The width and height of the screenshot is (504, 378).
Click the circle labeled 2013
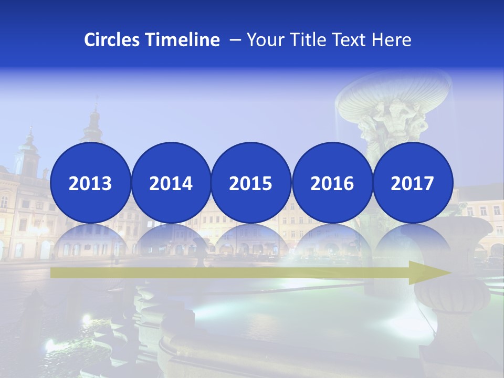tap(90, 183)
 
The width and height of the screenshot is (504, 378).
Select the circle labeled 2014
tap(171, 183)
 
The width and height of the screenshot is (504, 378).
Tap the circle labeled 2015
tap(251, 183)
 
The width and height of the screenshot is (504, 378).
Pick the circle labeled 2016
tap(332, 183)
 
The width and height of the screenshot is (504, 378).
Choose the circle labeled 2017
tap(413, 183)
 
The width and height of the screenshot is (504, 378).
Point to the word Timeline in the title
tap(184, 40)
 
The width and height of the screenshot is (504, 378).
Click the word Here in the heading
tap(391, 40)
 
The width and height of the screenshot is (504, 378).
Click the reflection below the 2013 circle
tap(90, 241)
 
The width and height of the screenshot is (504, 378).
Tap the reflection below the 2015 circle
tap(251, 241)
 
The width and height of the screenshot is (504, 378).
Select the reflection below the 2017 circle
tap(413, 241)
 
